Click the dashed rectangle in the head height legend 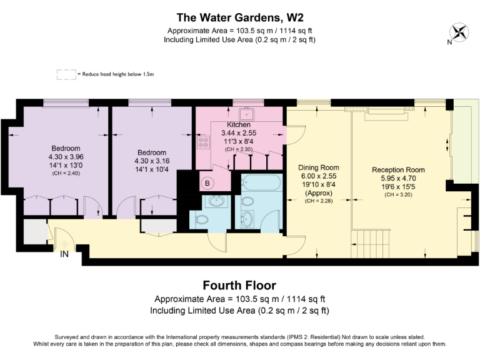[66, 74]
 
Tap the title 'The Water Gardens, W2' [239, 17]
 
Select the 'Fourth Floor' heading [239, 286]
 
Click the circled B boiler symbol [207, 183]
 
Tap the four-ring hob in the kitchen [204, 142]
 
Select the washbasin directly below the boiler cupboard [216, 201]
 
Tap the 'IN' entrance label [64, 254]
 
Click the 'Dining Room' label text [318, 167]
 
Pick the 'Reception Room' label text [398, 169]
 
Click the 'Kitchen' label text [238, 125]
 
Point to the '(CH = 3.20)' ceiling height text [398, 194]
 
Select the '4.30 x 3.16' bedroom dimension [151, 161]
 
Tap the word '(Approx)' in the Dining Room [318, 192]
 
